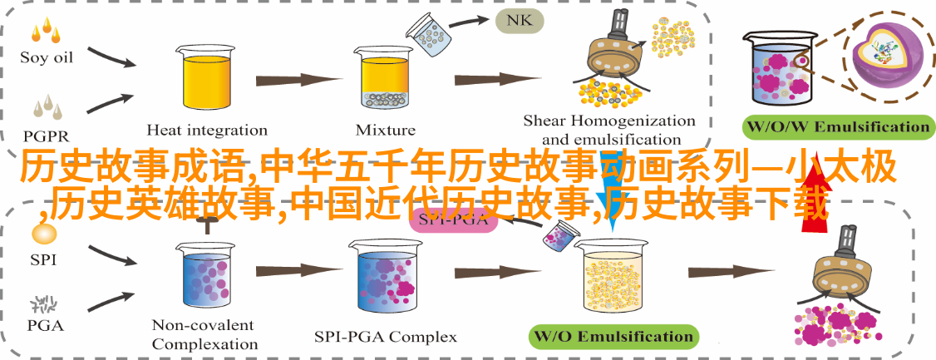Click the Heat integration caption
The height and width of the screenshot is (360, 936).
pyautogui.click(x=207, y=130)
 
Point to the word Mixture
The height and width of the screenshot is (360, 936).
pyautogui.click(x=385, y=130)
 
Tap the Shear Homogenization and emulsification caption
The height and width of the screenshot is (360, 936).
pyautogui.click(x=609, y=131)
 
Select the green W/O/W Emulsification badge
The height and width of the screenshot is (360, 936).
pyautogui.click(x=837, y=127)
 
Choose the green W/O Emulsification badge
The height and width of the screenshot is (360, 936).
pyautogui.click(x=613, y=337)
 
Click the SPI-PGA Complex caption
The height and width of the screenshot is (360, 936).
pyautogui.click(x=386, y=337)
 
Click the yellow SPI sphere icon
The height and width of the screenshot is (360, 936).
pyautogui.click(x=43, y=233)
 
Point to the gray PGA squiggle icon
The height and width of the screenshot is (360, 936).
pyautogui.click(x=43, y=284)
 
